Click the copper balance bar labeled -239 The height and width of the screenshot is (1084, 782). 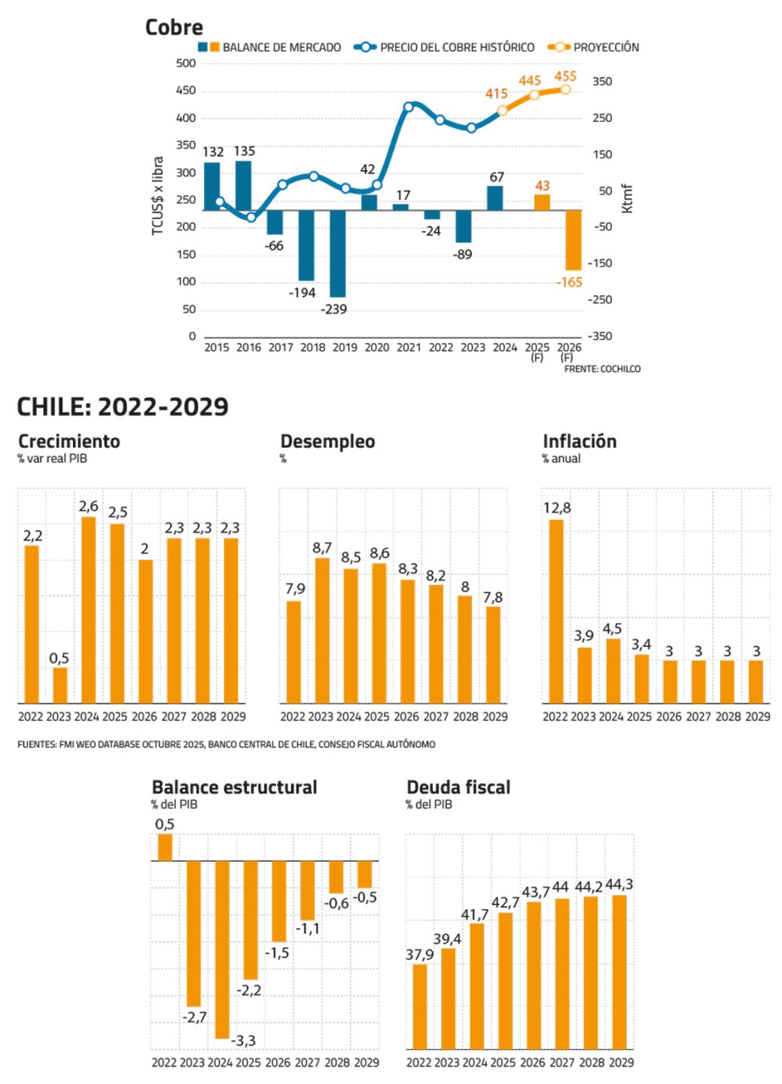click(337, 254)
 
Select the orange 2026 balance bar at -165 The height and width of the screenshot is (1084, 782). click(574, 240)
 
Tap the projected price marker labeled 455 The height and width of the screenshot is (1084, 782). click(565, 90)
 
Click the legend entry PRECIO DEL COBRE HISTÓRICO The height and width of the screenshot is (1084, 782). click(444, 47)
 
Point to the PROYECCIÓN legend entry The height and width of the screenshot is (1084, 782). click(594, 47)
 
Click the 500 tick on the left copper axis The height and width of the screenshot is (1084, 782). click(186, 63)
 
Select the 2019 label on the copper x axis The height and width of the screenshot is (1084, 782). click(345, 348)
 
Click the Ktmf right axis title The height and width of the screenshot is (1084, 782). click(627, 199)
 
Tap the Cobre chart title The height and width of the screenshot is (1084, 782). click(174, 28)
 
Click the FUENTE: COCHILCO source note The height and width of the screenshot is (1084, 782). click(602, 369)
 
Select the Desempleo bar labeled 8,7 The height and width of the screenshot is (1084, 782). click(322, 631)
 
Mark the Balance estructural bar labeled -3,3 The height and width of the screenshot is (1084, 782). click(222, 950)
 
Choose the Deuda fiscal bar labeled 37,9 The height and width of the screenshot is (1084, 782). click(419, 1006)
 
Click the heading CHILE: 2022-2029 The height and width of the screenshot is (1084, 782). click(123, 407)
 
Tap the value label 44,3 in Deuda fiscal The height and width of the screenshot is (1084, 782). click(619, 885)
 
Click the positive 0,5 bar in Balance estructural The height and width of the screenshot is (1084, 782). click(165, 847)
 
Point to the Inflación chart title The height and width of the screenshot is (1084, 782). click(580, 442)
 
